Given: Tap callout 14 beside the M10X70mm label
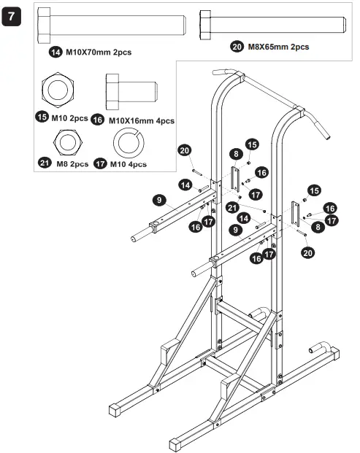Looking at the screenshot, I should [x=55, y=52].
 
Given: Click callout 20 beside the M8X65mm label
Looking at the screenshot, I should [x=237, y=47].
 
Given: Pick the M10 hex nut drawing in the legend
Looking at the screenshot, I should [x=59, y=90].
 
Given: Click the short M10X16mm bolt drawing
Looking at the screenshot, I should [x=131, y=90].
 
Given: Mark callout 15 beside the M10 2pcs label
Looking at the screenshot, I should [x=43, y=117].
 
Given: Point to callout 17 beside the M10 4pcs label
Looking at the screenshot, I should [x=100, y=163].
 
